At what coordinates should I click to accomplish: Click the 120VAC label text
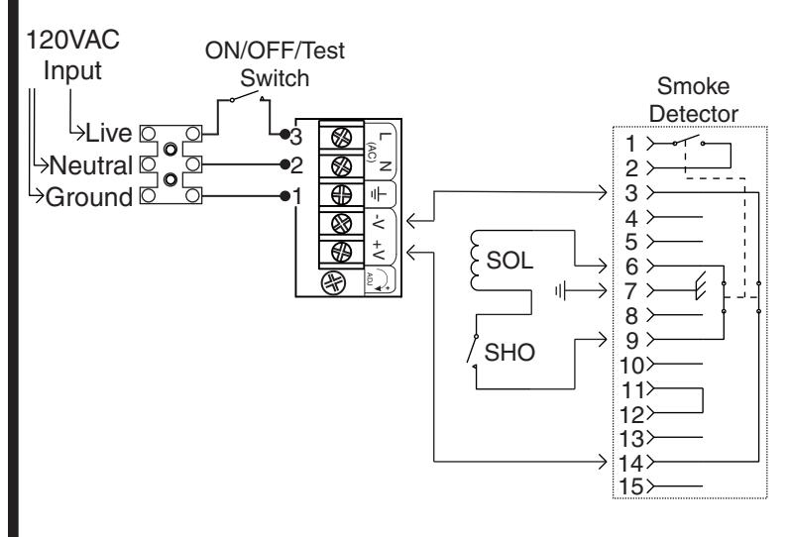(x=73, y=41)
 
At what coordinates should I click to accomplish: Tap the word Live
(x=109, y=133)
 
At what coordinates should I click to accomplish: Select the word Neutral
(x=91, y=165)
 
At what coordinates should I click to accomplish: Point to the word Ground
(x=89, y=197)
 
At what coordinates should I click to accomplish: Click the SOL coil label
(x=509, y=261)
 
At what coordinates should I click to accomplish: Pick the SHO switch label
(x=509, y=352)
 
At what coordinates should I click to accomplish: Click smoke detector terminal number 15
(x=631, y=486)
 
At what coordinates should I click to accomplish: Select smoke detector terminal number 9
(x=631, y=341)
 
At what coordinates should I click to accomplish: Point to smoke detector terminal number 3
(x=631, y=193)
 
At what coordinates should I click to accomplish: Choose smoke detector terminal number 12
(x=631, y=415)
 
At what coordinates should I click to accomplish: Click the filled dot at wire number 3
(x=284, y=134)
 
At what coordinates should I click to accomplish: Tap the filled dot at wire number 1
(x=284, y=196)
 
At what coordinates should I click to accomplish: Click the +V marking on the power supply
(x=379, y=250)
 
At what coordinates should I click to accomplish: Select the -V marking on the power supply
(x=379, y=222)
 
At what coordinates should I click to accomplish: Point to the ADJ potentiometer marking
(x=370, y=278)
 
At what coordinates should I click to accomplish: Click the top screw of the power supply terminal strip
(x=341, y=137)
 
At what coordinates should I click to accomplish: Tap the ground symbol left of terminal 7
(x=560, y=290)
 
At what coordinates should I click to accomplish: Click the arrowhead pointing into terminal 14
(x=603, y=461)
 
